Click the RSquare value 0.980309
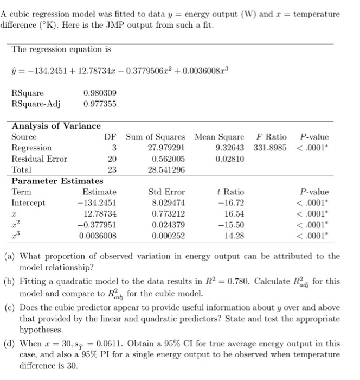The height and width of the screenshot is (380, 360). tap(100, 93)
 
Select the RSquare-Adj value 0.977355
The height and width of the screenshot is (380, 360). tap(100, 104)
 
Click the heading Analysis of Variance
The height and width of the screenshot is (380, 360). tap(56, 126)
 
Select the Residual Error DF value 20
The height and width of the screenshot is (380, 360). tap(112, 159)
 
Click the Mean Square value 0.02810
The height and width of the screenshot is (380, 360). tap(230, 159)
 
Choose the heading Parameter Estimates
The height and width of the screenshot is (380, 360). tap(57, 181)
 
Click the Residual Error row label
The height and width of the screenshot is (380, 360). tap(40, 159)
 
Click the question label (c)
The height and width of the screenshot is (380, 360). tap(10, 308)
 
